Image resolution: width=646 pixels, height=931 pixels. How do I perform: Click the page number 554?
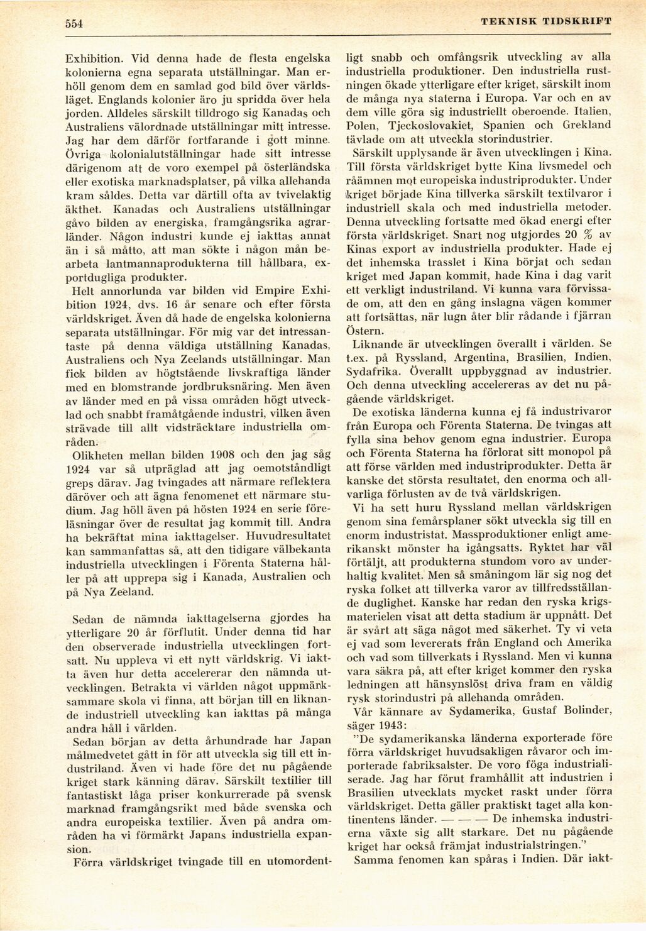74,24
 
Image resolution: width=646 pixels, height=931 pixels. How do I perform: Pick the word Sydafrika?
373,371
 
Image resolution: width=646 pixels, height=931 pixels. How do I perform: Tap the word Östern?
364,331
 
